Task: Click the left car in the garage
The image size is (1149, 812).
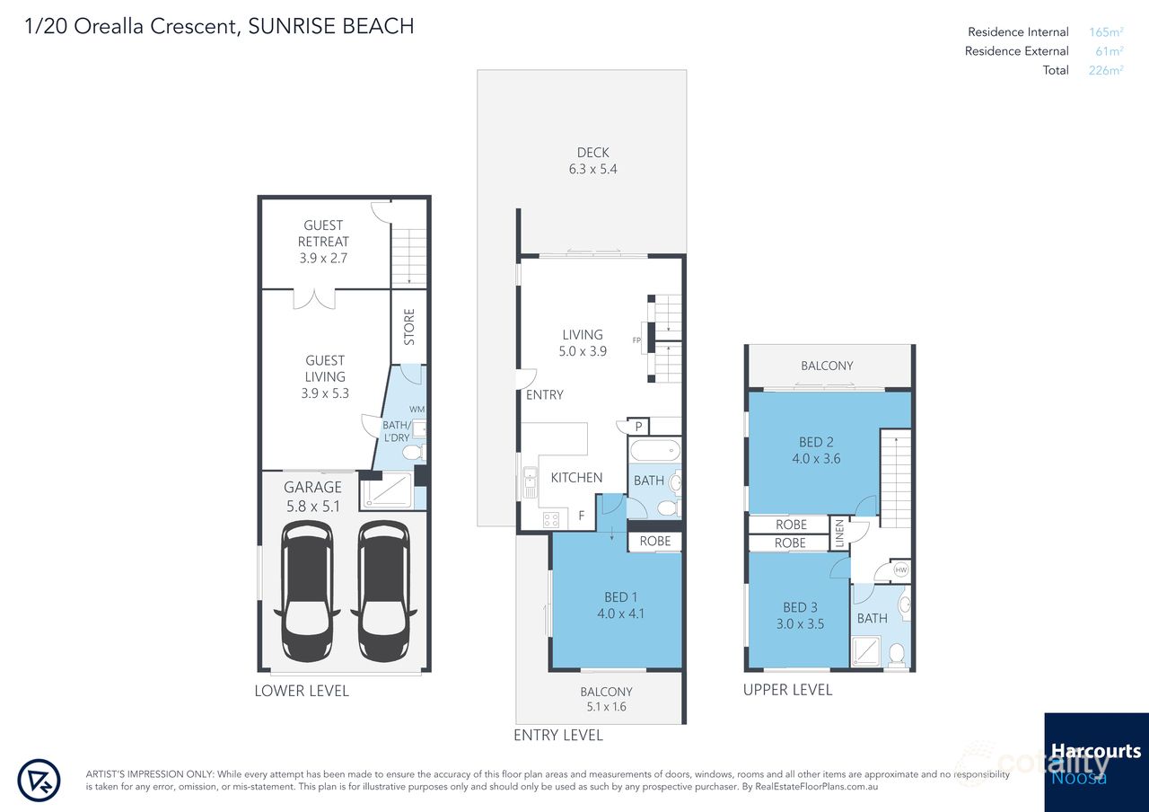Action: (307, 592)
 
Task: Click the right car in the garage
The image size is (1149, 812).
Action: (383, 592)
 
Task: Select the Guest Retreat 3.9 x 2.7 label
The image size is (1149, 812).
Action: (325, 242)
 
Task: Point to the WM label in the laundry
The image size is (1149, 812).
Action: (417, 410)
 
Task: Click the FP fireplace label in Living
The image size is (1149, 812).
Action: (636, 340)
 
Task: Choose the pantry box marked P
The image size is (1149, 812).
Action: (638, 428)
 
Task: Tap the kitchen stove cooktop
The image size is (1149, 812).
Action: (549, 518)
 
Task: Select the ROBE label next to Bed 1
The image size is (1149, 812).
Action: (655, 542)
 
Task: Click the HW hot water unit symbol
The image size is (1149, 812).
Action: (900, 569)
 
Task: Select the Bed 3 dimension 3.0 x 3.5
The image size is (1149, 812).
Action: (800, 623)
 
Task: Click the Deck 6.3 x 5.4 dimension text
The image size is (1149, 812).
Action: (592, 169)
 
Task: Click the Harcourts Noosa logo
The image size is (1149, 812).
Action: (1095, 761)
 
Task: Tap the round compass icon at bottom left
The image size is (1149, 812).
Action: (39, 780)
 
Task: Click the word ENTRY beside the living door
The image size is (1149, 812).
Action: (545, 395)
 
